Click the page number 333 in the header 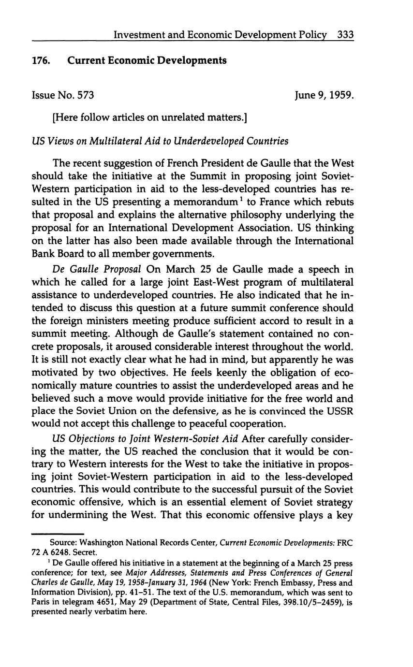[346, 35]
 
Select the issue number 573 [85, 95]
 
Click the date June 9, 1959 [324, 95]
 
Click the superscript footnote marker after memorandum [239, 198]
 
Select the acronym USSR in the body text [339, 411]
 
